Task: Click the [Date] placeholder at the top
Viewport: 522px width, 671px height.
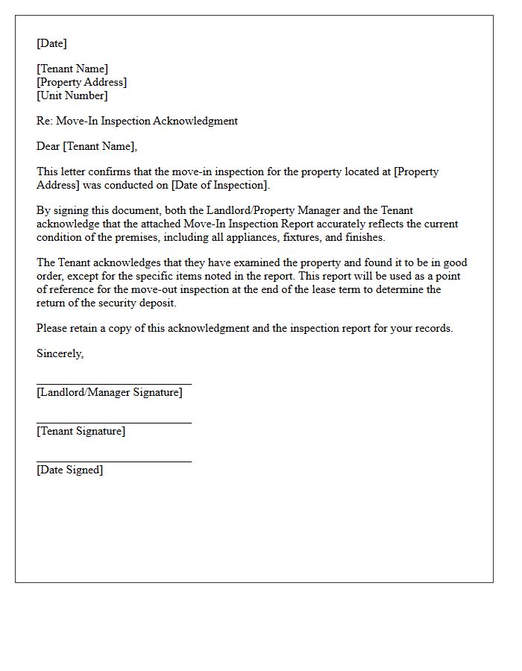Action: tap(51, 43)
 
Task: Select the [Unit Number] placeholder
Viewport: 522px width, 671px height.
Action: tap(72, 95)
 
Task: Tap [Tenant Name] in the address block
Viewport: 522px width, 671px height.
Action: tap(72, 69)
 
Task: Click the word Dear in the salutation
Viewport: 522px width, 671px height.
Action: tap(48, 146)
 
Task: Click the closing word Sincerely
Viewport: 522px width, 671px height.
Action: tap(60, 353)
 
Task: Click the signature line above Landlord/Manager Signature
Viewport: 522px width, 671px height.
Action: tap(113, 384)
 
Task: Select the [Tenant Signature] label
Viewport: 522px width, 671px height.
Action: tap(81, 431)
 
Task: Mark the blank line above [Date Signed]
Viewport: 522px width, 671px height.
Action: tap(113, 461)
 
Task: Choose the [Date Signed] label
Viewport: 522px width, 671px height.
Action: tap(69, 470)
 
